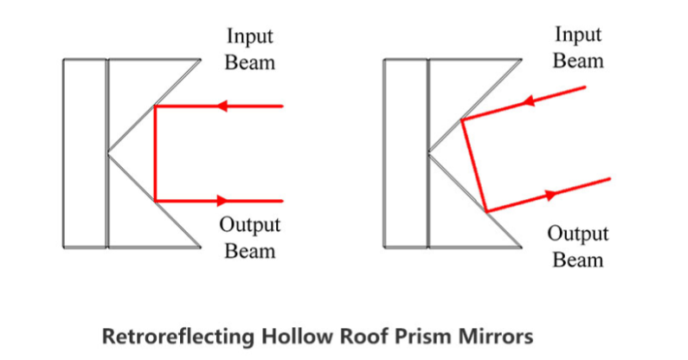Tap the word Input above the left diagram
coord(251,37)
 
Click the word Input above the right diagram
coord(578,35)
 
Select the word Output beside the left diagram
coord(250,226)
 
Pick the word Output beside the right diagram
coord(578,234)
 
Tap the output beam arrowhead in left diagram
coord(222,201)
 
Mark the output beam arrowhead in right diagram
coord(551,194)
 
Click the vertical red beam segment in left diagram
coord(155,154)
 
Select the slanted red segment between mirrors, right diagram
coord(474,166)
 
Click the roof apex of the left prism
coord(109,154)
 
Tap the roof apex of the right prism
coord(430,154)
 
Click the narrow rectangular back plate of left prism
coord(85,153)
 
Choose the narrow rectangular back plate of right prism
coord(406,153)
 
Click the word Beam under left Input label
coord(251,62)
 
